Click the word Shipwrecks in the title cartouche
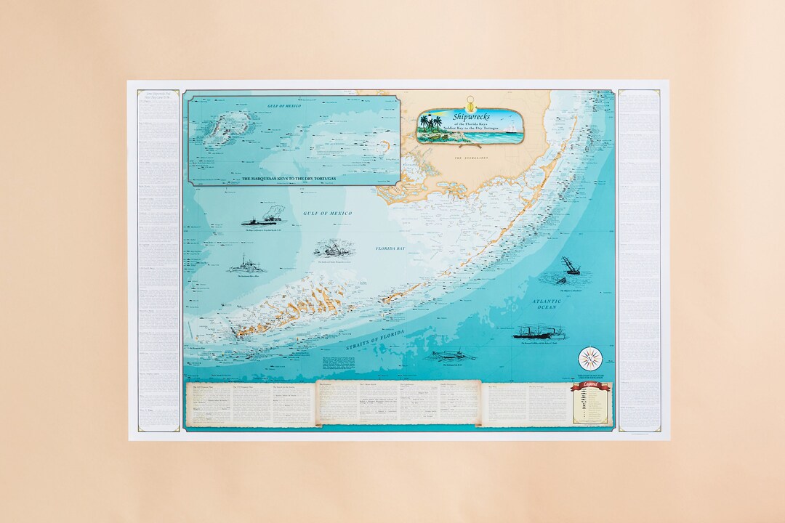(x=472, y=116)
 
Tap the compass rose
(x=590, y=358)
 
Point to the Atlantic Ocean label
(x=547, y=304)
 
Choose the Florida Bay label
(x=390, y=248)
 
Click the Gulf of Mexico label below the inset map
(x=327, y=214)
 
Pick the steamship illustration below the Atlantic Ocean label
(x=534, y=333)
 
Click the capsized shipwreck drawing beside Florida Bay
(x=334, y=248)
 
